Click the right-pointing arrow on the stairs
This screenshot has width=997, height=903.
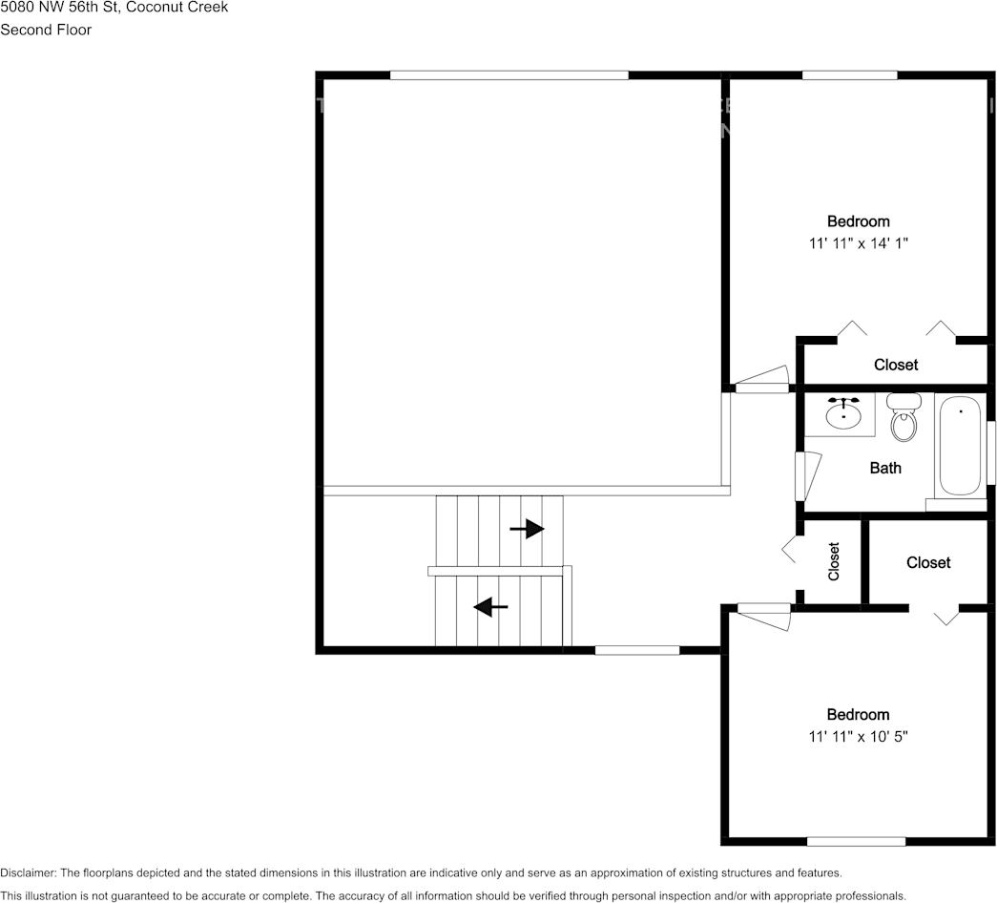(x=528, y=528)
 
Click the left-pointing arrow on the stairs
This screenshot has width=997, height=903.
(x=490, y=606)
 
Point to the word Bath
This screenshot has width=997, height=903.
(x=884, y=468)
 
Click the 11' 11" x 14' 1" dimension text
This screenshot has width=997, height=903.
(x=858, y=243)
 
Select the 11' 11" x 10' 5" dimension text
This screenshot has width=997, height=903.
(x=858, y=737)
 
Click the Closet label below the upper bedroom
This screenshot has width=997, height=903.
(x=896, y=365)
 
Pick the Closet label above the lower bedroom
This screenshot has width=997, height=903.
(x=928, y=562)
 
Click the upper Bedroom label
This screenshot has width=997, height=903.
(x=858, y=221)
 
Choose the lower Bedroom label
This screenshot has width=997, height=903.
(x=858, y=715)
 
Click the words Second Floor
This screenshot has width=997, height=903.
(x=46, y=30)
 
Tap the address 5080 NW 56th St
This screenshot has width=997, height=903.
(x=61, y=8)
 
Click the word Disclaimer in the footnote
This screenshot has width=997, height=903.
(x=28, y=872)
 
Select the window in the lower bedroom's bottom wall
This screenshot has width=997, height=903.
(x=856, y=841)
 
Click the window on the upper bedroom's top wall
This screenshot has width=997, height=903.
(x=849, y=74)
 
